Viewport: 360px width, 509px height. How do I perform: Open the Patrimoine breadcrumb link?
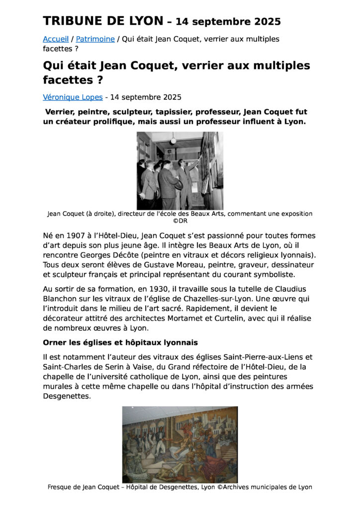(95, 39)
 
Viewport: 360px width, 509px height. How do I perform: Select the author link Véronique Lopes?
(73, 97)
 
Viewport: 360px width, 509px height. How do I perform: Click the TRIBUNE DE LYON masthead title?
(103, 21)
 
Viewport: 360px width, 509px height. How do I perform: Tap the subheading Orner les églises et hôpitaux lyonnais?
(120, 343)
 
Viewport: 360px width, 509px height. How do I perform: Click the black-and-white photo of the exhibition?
(180, 170)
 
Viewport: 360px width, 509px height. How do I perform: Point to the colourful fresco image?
(180, 444)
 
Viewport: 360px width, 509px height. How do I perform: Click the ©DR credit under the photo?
(180, 221)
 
